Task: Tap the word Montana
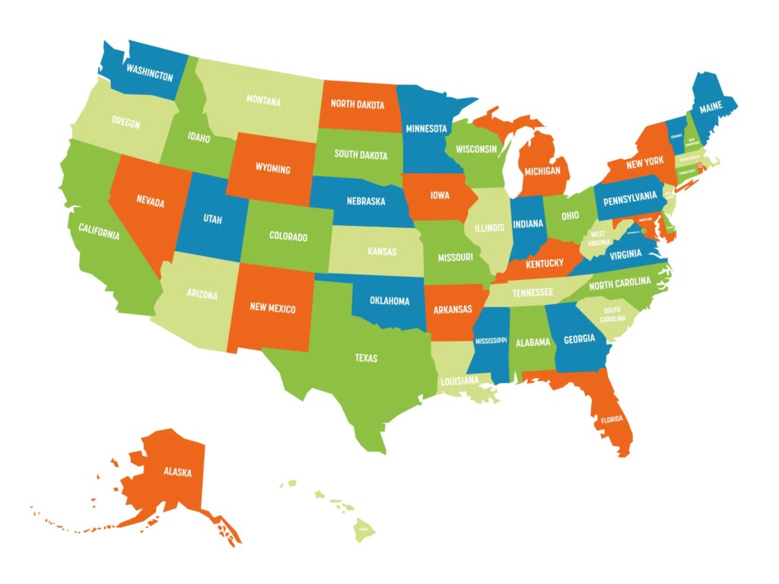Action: [263, 100]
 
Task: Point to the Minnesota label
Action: [426, 129]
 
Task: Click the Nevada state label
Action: [151, 200]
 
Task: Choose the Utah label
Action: [212, 218]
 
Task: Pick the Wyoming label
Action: [272, 168]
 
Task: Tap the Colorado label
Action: [288, 236]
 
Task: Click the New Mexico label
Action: [272, 309]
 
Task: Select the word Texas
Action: [366, 357]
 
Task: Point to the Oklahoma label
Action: [389, 300]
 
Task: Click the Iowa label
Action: [439, 195]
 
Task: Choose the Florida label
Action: [612, 419]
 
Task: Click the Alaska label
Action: [177, 471]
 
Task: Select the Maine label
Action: [711, 108]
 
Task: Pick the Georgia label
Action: [579, 339]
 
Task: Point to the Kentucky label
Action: [544, 263]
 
